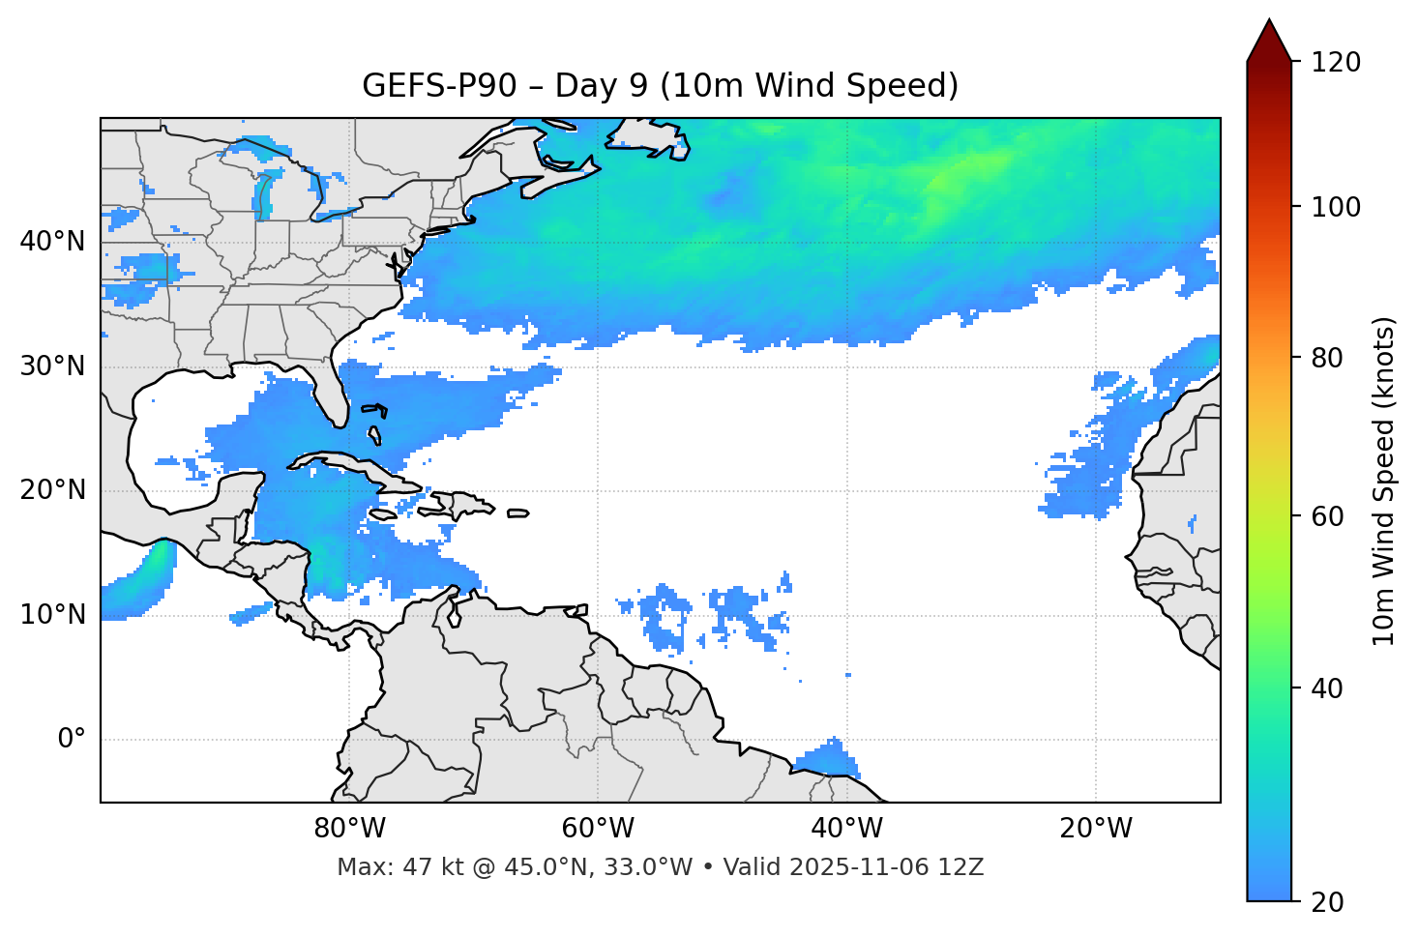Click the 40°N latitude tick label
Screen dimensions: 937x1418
pos(52,242)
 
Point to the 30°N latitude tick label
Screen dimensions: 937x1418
pos(52,366)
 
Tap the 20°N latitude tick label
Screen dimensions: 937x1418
pos(52,490)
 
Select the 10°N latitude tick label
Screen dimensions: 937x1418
pos(52,615)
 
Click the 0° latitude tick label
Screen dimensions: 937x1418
pos(72,740)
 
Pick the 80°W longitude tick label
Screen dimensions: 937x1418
pos(349,829)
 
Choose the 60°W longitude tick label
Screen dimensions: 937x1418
pos(598,829)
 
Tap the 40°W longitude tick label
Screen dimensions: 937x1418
pos(847,829)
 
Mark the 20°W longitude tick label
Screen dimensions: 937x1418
pos(1096,829)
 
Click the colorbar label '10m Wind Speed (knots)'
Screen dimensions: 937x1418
pos(1384,481)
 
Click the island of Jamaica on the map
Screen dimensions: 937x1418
pos(383,514)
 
